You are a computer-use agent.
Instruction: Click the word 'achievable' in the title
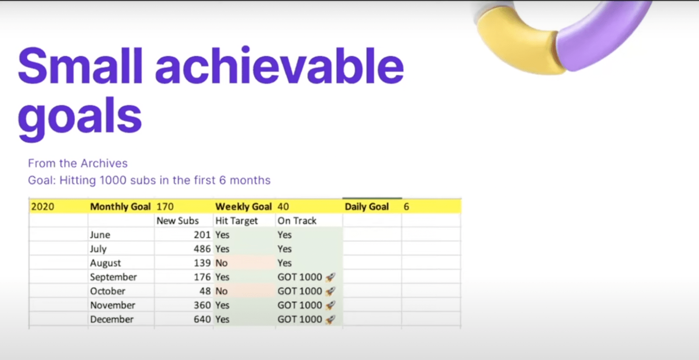tap(280, 66)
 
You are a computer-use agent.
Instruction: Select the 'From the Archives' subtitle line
tap(78, 163)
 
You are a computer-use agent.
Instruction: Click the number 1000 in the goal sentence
tap(113, 180)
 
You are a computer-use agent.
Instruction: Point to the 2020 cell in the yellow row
tap(43, 207)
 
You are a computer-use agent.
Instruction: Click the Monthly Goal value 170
tap(165, 207)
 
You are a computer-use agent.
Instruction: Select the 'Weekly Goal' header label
tap(243, 207)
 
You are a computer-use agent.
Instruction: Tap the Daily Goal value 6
tap(406, 207)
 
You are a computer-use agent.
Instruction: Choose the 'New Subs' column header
tap(177, 221)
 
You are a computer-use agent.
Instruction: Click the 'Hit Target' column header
tap(236, 221)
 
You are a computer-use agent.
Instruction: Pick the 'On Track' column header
tap(297, 221)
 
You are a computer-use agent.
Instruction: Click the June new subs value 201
tap(202, 235)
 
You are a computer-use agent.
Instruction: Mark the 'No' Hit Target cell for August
tap(221, 263)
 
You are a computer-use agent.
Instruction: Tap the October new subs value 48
tap(205, 291)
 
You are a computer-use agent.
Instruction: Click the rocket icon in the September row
tap(330, 277)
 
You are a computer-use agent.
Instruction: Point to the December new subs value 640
tap(202, 319)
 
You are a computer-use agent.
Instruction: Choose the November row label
tap(113, 305)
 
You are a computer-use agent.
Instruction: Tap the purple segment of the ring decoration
tap(599, 35)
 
